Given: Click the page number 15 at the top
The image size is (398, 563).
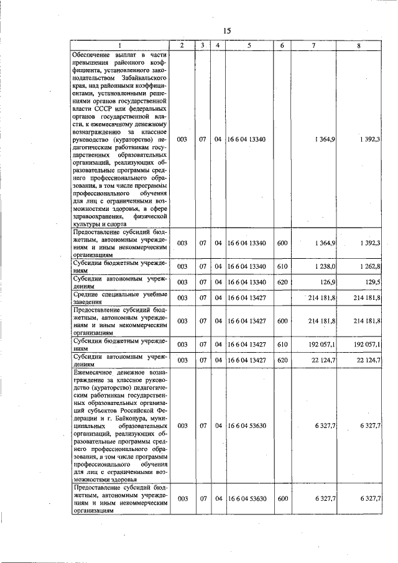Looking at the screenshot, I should (226, 31).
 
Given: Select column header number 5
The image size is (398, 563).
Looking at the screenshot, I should (248, 45).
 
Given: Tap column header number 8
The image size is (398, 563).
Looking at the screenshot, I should (359, 45).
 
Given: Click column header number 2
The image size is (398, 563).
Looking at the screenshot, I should (181, 45).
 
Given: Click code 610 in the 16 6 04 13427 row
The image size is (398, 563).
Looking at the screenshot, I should (282, 343).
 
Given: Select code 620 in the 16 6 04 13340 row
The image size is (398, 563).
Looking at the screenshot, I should (282, 282).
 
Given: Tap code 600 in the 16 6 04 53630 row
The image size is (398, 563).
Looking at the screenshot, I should (282, 498).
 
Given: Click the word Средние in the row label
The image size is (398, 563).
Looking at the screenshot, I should (87, 294).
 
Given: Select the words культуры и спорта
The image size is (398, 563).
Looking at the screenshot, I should (100, 223).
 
